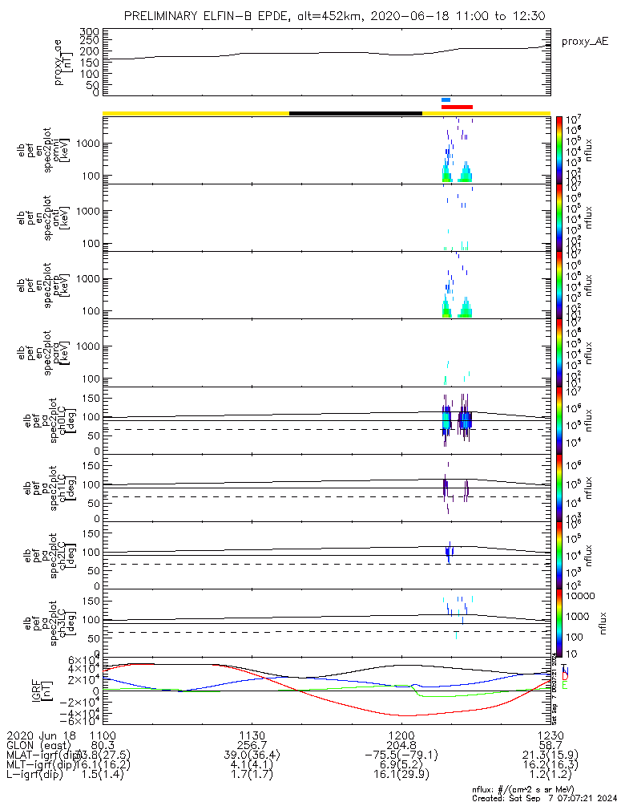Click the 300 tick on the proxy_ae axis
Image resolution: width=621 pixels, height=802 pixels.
click(89, 31)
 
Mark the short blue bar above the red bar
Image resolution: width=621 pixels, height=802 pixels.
click(446, 99)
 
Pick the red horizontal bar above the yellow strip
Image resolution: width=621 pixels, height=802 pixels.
click(457, 107)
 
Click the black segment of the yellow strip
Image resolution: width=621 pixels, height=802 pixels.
click(355, 113)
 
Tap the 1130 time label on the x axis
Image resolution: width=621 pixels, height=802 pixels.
click(252, 735)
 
